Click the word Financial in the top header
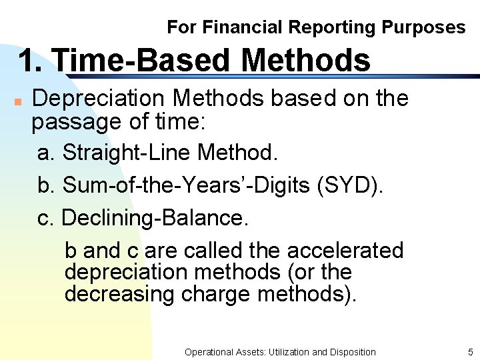pyautogui.click(x=243, y=27)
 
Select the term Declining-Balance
pyautogui.click(x=155, y=218)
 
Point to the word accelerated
pyautogui.click(x=345, y=251)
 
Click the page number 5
pyautogui.click(x=470, y=352)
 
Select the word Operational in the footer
pyautogui.click(x=209, y=352)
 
